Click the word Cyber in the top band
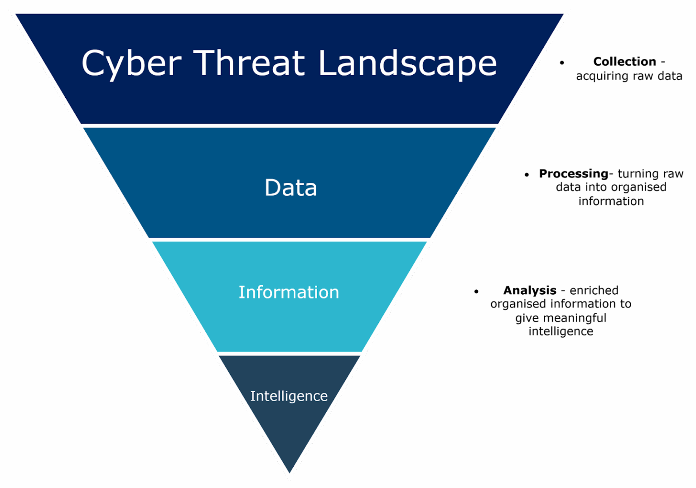pyautogui.click(x=131, y=63)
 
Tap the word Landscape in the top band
pyautogui.click(x=407, y=63)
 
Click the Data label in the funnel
pyautogui.click(x=290, y=188)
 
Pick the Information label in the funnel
pyautogui.click(x=289, y=292)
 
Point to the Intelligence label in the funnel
pyautogui.click(x=289, y=396)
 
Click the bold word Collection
pyautogui.click(x=624, y=62)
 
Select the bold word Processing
pyautogui.click(x=573, y=174)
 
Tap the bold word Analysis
pyautogui.click(x=529, y=290)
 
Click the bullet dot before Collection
pyautogui.click(x=562, y=62)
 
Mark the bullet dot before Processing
pyautogui.click(x=527, y=175)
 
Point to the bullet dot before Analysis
pyautogui.click(x=476, y=292)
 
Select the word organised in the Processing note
pyautogui.click(x=638, y=187)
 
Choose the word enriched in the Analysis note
pyautogui.click(x=594, y=290)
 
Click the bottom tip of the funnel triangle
pyautogui.click(x=290, y=476)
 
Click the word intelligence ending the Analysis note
pyautogui.click(x=561, y=331)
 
